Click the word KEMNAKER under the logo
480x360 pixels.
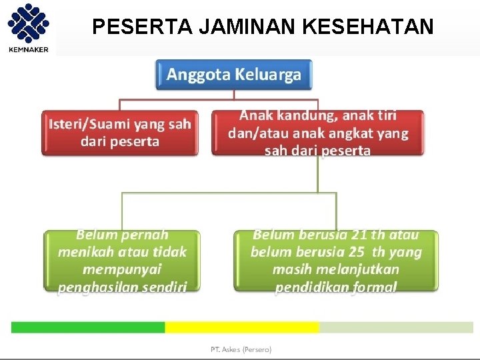pyautogui.click(x=28, y=49)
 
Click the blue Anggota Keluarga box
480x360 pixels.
pyautogui.click(x=233, y=75)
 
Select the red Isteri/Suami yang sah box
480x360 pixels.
pyautogui.click(x=120, y=133)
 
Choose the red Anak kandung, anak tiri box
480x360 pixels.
pyautogui.click(x=317, y=133)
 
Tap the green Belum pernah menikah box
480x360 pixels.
pyautogui.click(x=122, y=261)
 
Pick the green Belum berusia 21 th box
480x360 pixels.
pyautogui.click(x=336, y=261)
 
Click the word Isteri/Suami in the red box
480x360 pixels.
pyautogui.click(x=88, y=124)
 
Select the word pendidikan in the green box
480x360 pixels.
pyautogui.click(x=307, y=287)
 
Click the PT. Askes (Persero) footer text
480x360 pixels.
pyautogui.click(x=241, y=349)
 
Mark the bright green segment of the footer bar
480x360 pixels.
pyautogui.click(x=88, y=327)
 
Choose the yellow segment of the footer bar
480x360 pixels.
pyautogui.click(x=242, y=327)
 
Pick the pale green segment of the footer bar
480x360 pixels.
pyautogui.click(x=396, y=327)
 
